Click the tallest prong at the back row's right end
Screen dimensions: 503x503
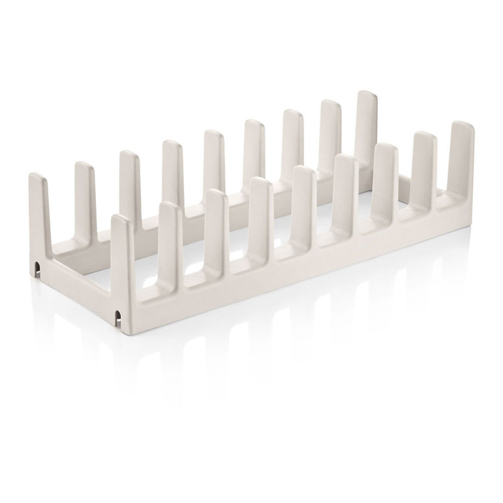pyautogui.click(x=367, y=126)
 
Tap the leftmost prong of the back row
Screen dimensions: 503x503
pyautogui.click(x=38, y=201)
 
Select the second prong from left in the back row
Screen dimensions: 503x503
pyautogui.click(x=84, y=189)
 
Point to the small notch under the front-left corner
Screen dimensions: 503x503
pyautogui.click(x=118, y=315)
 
